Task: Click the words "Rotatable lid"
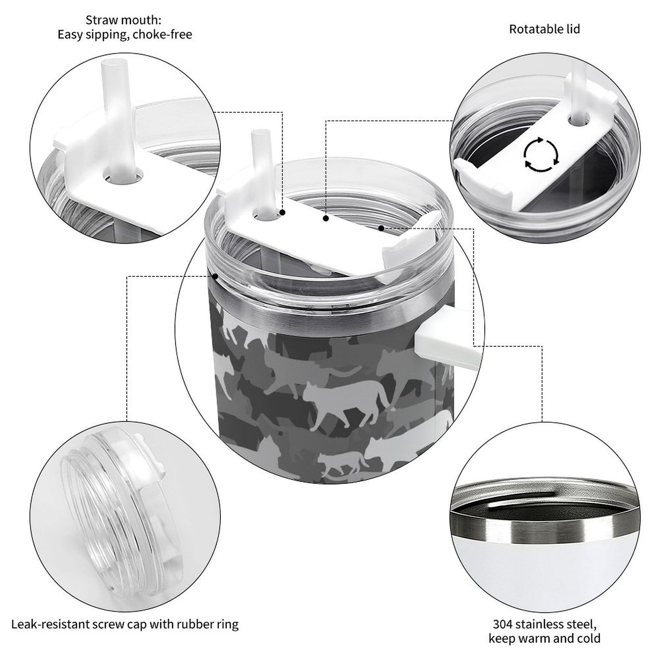click(545, 29)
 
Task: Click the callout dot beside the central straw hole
click(282, 213)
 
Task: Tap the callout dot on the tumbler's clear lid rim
click(215, 276)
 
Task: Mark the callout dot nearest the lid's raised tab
click(381, 228)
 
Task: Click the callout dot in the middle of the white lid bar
click(326, 218)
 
